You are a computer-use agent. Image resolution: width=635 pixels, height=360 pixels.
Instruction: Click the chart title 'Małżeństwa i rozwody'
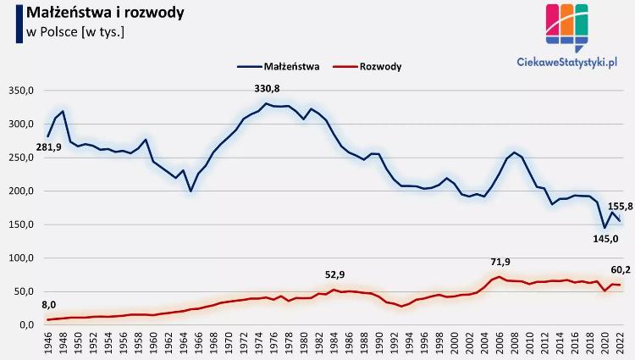point(107,14)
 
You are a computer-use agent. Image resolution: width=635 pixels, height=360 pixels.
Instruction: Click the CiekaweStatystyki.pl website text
point(566,61)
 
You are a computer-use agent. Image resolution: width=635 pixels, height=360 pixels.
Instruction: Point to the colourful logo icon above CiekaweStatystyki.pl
point(566,26)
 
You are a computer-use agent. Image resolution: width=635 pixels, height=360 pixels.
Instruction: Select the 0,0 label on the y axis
point(25,324)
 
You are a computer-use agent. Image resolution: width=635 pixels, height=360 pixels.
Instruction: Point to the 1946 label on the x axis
point(48,344)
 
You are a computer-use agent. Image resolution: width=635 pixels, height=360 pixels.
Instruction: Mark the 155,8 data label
point(621,206)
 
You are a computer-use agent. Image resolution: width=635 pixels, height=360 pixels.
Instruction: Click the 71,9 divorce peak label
point(500,262)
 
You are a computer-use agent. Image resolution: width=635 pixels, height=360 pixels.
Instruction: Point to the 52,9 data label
point(336,275)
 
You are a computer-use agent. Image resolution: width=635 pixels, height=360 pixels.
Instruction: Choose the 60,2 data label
point(621,270)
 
